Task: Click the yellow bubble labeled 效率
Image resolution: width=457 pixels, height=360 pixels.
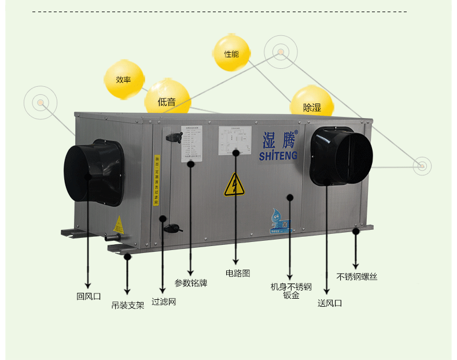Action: point(124,79)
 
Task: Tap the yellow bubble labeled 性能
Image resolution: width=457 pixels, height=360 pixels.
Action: point(231,54)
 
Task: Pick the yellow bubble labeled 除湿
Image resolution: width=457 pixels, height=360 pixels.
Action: point(312,107)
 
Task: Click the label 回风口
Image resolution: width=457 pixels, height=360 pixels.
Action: point(89,296)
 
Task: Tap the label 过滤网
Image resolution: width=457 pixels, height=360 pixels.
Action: point(164,302)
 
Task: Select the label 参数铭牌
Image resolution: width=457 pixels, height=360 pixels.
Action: point(191,283)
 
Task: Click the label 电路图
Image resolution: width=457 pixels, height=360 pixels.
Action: point(238,272)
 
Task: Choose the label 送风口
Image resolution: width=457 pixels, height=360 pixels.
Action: point(330,303)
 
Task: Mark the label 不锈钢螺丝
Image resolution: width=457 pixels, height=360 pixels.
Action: point(357,277)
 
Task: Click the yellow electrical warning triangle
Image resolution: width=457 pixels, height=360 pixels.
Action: point(234,185)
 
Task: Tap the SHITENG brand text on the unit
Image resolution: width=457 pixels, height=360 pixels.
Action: point(278,156)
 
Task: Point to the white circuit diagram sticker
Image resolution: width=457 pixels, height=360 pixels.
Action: point(235,141)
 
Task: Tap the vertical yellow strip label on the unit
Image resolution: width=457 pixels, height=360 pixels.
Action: point(156,179)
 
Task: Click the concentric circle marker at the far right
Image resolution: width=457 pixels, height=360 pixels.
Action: point(422,166)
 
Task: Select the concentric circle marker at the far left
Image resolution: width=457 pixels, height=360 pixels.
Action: point(40,103)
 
